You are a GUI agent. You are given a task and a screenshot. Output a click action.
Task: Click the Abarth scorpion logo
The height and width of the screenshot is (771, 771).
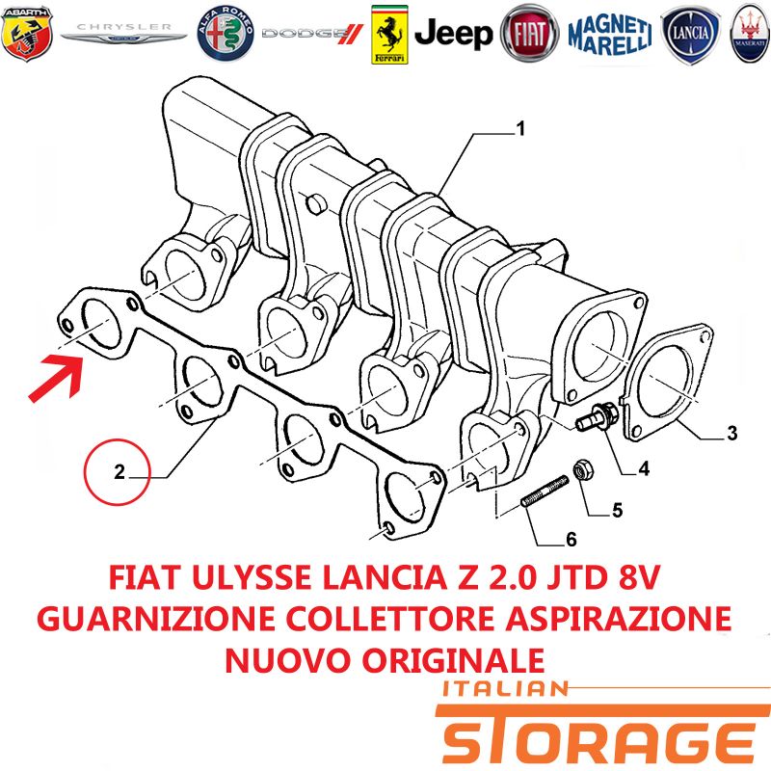tap(27, 34)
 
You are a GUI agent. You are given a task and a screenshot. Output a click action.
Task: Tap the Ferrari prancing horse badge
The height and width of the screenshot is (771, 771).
tap(389, 35)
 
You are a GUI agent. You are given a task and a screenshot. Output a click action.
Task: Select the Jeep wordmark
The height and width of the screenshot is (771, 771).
tap(453, 34)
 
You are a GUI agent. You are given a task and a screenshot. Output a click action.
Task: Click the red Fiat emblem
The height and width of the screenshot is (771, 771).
tap(529, 34)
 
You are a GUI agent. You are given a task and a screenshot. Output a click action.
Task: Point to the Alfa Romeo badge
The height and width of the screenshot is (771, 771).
tap(226, 34)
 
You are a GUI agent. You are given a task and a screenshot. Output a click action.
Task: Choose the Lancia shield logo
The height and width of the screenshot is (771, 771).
tap(690, 35)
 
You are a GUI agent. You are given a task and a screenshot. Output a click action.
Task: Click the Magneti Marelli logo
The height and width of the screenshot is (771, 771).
tap(610, 34)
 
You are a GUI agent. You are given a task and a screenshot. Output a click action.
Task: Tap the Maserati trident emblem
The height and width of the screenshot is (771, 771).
tap(751, 34)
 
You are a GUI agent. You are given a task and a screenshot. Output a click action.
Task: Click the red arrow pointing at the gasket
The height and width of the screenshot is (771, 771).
tap(57, 377)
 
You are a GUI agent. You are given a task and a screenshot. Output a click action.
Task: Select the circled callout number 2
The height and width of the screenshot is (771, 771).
tap(117, 472)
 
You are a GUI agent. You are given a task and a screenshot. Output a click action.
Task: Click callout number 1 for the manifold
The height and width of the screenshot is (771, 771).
tap(519, 129)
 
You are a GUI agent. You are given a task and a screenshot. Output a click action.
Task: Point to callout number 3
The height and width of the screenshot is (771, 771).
tap(732, 433)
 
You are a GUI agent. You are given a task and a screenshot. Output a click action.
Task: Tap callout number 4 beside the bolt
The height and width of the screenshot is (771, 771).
tap(644, 468)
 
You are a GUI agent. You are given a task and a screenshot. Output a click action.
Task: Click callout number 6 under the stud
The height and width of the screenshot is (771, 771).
tap(571, 540)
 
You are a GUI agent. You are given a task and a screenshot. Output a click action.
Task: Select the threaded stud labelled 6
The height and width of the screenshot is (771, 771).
tap(545, 491)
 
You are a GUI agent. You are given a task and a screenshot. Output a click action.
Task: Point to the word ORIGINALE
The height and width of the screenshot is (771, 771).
tap(453, 660)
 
